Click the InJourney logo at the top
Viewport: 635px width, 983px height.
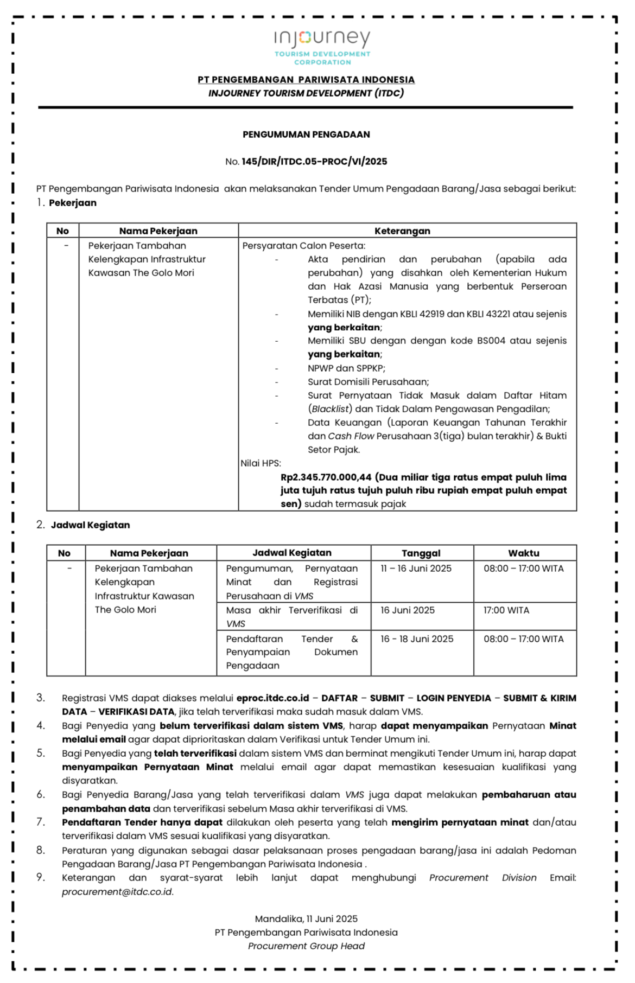pyautogui.click(x=322, y=47)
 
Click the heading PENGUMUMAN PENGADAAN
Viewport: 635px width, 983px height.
pyautogui.click(x=306, y=135)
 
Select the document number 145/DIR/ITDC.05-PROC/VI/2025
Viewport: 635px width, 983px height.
pyautogui.click(x=314, y=162)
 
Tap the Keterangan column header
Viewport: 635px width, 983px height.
pyautogui.click(x=402, y=231)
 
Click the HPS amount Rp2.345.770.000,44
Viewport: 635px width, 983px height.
pyautogui.click(x=326, y=477)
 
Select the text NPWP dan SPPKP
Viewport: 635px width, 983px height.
pyautogui.click(x=346, y=368)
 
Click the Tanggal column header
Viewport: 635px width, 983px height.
pyautogui.click(x=421, y=553)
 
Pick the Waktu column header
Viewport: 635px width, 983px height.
pyautogui.click(x=524, y=553)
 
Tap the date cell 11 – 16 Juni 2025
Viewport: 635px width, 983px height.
pyautogui.click(x=416, y=569)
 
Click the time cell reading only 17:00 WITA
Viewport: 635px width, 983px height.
pyautogui.click(x=506, y=610)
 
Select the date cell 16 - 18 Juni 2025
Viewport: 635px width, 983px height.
pyautogui.click(x=417, y=639)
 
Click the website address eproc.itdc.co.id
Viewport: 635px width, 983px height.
pyautogui.click(x=272, y=698)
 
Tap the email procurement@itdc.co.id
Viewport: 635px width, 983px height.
pyautogui.click(x=117, y=892)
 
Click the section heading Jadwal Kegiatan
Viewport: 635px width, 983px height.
pyautogui.click(x=90, y=525)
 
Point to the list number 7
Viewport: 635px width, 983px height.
pyautogui.click(x=41, y=822)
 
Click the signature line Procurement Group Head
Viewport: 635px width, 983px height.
pyautogui.click(x=306, y=946)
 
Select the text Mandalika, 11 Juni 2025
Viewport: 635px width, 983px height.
pyautogui.click(x=306, y=919)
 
